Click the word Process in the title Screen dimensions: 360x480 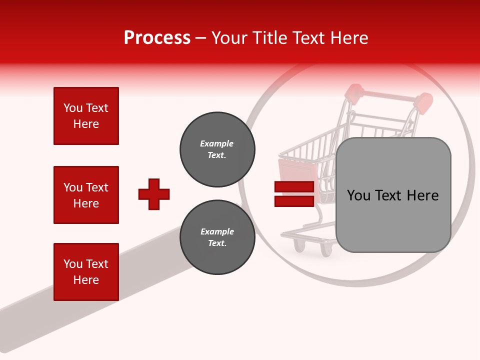[x=157, y=38]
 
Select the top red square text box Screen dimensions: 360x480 [x=86, y=116]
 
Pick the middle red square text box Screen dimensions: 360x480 [x=86, y=195]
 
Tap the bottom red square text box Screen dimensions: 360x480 [x=86, y=272]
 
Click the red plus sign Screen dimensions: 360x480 [x=154, y=194]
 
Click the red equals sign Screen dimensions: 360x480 [x=294, y=194]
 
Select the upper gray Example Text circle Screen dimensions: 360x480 [x=217, y=149]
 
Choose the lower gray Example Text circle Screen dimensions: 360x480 [x=217, y=237]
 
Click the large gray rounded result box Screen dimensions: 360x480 [x=393, y=195]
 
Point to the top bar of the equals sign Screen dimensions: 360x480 [x=294, y=187]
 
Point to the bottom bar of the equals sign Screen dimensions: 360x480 [x=294, y=201]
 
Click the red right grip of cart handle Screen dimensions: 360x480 [x=424, y=102]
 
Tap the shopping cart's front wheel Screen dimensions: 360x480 [x=299, y=245]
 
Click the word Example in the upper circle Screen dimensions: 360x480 [x=217, y=143]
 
